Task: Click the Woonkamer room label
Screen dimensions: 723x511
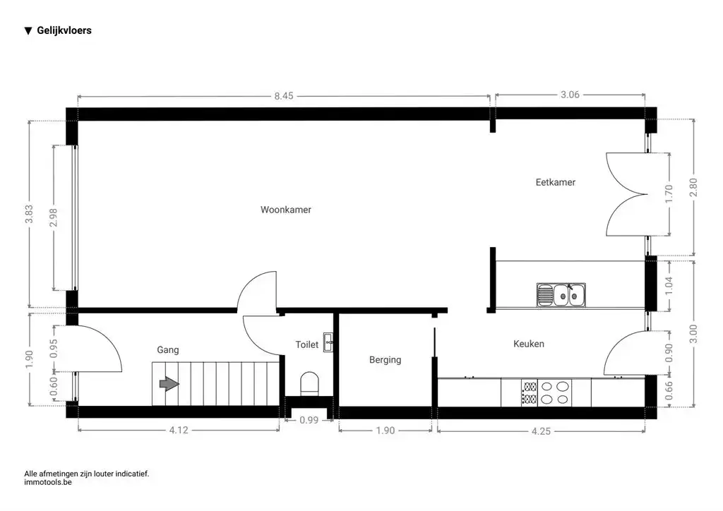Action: [x=286, y=210]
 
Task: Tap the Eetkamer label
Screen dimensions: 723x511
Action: [x=555, y=182]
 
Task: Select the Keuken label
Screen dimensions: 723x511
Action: [x=528, y=344]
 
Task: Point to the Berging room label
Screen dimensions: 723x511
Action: [x=385, y=360]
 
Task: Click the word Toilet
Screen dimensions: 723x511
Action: [x=306, y=344]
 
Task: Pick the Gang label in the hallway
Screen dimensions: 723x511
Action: [x=168, y=350]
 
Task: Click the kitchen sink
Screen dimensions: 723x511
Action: [x=561, y=295]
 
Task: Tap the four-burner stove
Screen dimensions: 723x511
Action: [x=546, y=392]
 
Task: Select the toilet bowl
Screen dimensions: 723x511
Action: [x=309, y=384]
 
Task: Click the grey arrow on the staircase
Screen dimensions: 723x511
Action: [x=169, y=384]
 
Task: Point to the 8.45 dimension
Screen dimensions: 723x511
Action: [x=284, y=96]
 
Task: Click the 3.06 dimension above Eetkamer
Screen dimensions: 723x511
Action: [x=570, y=95]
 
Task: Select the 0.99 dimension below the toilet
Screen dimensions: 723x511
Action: [x=309, y=420]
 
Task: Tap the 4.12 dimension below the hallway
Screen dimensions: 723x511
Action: [x=179, y=430]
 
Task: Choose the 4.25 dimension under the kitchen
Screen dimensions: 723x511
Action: [x=541, y=431]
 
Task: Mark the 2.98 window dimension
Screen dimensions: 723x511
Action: [x=54, y=217]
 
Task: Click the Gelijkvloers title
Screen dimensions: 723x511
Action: [x=64, y=30]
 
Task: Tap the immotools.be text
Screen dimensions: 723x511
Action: [x=48, y=483]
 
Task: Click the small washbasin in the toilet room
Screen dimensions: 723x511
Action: [x=328, y=342]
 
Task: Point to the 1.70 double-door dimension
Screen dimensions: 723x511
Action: [x=669, y=194]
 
